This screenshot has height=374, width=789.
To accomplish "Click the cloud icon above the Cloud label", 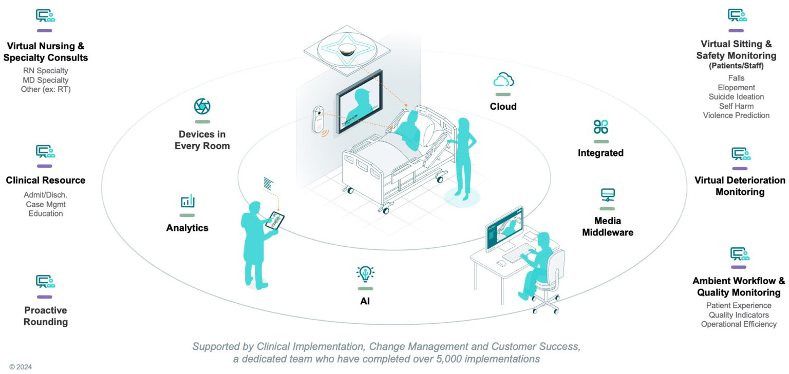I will tap(503, 81).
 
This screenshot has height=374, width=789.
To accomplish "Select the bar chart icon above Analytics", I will tap(187, 201).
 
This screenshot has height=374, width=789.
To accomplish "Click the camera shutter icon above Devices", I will tap(202, 107).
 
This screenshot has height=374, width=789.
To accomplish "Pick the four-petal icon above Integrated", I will tap(600, 127).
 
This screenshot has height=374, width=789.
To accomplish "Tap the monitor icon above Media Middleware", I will tap(608, 195).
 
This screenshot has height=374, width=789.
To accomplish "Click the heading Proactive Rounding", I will tap(46, 316).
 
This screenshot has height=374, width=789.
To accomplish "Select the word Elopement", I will tap(736, 88).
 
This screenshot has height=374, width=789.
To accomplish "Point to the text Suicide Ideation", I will tap(736, 97).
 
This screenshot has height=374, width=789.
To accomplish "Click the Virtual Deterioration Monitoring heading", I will tap(740, 186).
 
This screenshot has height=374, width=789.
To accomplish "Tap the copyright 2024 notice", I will tap(21, 367).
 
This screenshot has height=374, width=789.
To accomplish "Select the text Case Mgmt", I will tap(46, 204).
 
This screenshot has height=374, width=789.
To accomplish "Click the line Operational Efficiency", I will tap(739, 324).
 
